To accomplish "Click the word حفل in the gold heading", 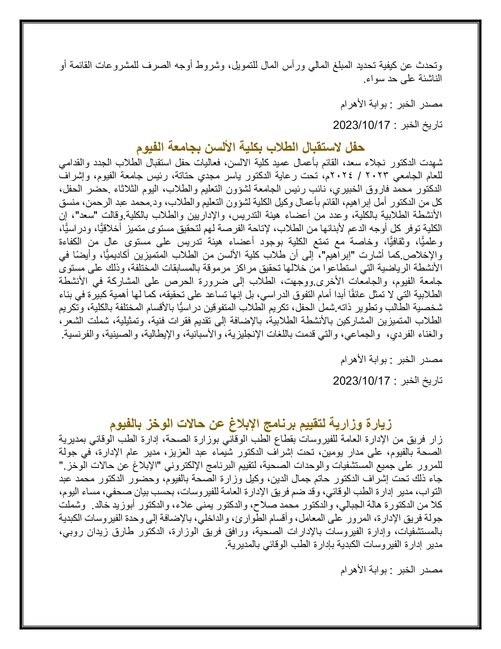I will pyautogui.click(x=356, y=147).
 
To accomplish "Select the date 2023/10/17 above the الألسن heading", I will pyautogui.click(x=361, y=125).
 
